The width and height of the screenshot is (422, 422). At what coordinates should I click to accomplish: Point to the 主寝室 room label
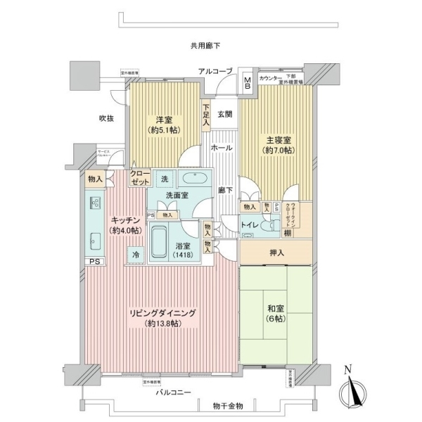point(277,144)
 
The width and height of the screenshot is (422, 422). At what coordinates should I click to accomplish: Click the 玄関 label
point(224,114)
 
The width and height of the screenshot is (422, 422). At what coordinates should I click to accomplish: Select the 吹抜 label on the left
point(106,119)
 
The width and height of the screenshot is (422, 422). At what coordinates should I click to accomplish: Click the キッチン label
point(124,224)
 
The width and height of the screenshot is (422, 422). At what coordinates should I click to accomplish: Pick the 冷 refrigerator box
point(134,254)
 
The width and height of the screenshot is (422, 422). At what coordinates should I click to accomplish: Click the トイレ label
point(250,225)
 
